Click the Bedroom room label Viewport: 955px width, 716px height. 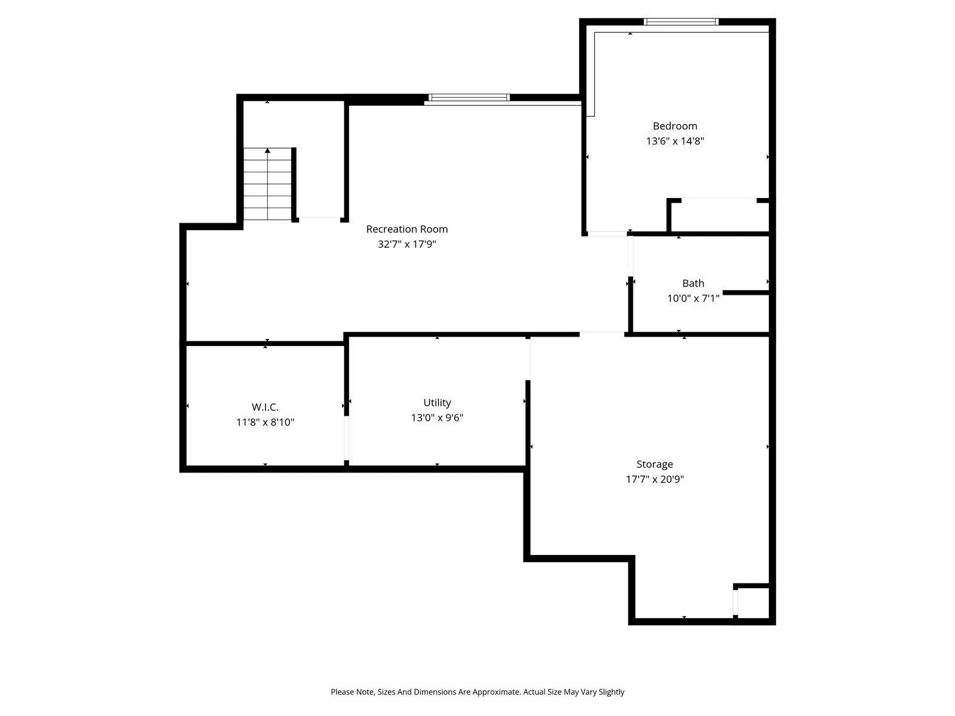coord(674,126)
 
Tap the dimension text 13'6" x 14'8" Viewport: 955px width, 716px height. coord(674,141)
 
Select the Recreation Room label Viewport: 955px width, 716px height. coord(406,229)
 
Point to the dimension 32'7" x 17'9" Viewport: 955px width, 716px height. coord(406,244)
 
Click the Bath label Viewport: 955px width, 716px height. coord(693,283)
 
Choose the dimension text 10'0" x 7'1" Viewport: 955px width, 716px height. coord(693,298)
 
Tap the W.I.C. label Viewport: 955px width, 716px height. coord(265,407)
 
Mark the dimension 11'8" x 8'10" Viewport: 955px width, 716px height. coord(265,422)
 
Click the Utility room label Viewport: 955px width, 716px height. coord(437,403)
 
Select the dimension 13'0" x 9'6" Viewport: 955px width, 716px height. coord(437,418)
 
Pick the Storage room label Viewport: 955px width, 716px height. coord(654,464)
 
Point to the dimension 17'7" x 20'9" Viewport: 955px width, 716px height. coord(654,479)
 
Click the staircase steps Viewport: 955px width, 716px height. coord(267,184)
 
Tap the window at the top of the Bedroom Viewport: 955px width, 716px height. coord(680,22)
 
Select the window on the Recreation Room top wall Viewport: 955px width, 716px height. coord(469,97)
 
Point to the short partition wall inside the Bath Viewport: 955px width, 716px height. coord(745,292)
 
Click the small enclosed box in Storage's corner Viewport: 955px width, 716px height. coord(753,603)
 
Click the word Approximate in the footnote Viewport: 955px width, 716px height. coord(497,692)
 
